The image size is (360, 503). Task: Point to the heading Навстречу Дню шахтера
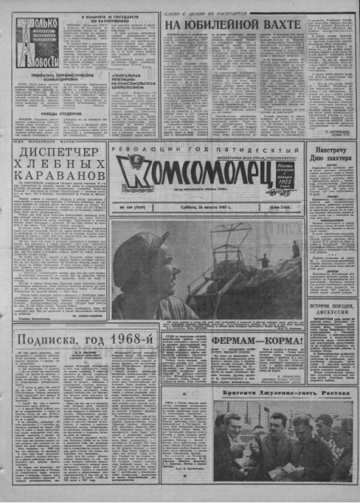tap(330, 154)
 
